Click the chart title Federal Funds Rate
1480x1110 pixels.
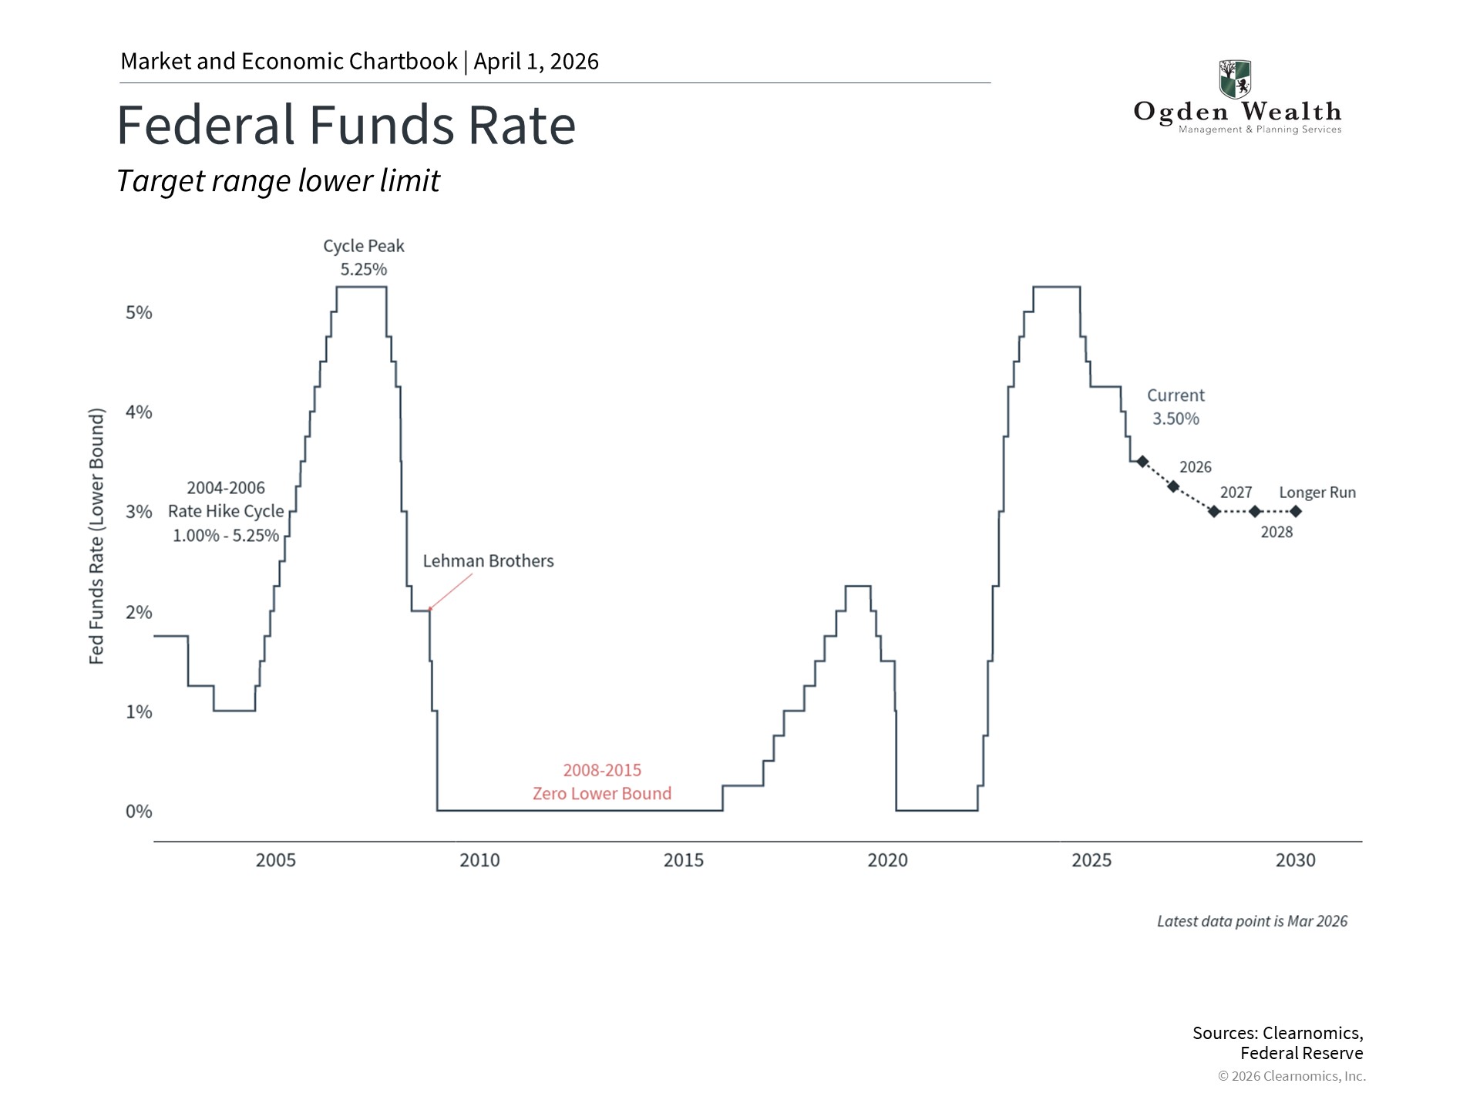(x=346, y=125)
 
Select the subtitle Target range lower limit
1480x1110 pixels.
(x=278, y=181)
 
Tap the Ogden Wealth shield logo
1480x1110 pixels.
(x=1235, y=79)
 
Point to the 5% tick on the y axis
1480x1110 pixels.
(x=139, y=313)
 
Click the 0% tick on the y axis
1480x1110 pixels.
(x=139, y=812)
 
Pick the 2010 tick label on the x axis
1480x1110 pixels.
(x=479, y=860)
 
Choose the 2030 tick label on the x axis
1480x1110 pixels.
(x=1295, y=860)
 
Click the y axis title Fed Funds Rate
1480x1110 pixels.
(x=96, y=536)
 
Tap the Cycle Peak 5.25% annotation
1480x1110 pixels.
(x=364, y=257)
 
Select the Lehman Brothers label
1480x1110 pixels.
(x=488, y=561)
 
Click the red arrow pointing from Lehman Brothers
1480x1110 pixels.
(x=450, y=592)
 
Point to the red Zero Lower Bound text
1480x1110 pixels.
(x=602, y=793)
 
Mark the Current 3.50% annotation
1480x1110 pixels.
(x=1176, y=407)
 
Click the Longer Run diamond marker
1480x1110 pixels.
(x=1296, y=511)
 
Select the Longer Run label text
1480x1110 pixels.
(x=1317, y=493)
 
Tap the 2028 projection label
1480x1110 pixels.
(x=1276, y=532)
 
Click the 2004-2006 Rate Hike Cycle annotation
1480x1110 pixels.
(x=226, y=512)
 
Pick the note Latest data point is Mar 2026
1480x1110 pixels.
(x=1252, y=921)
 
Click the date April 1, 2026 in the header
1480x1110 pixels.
(x=536, y=62)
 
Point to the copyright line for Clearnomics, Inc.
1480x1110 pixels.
(x=1292, y=1076)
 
